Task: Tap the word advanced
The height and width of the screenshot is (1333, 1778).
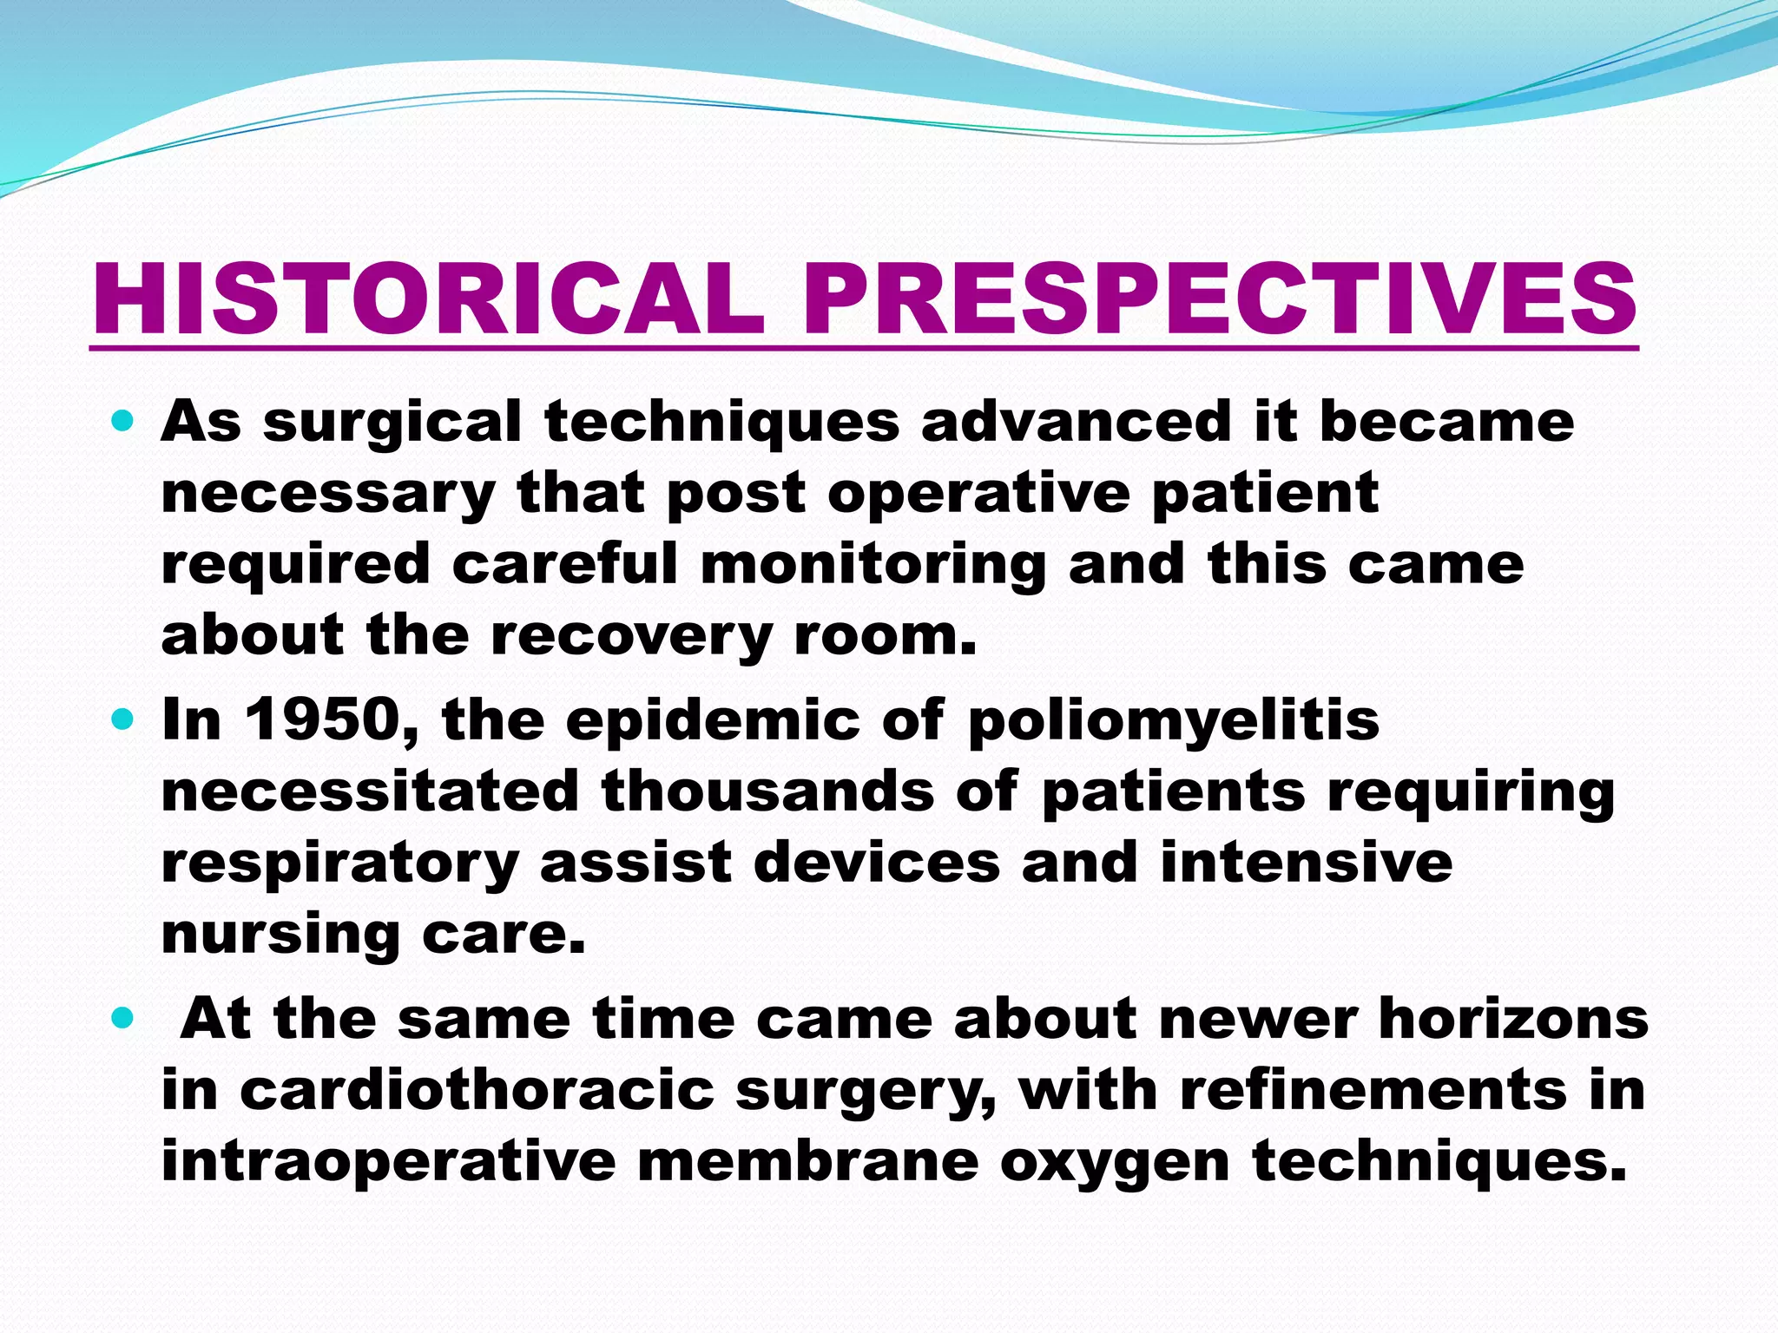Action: point(1076,423)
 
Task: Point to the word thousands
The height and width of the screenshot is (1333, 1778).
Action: point(767,791)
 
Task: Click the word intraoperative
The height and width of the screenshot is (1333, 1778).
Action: point(388,1163)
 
